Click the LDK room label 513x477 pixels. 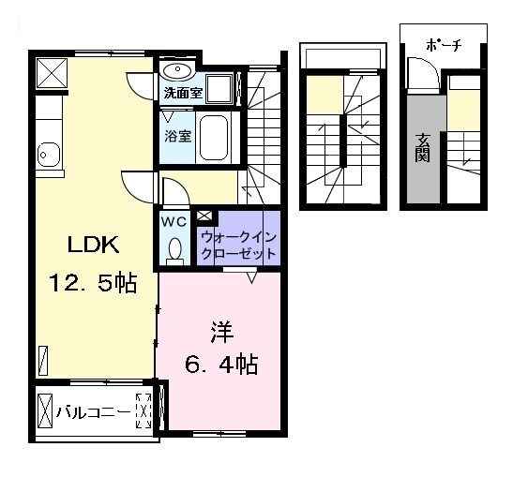92,246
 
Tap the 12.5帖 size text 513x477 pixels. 93,284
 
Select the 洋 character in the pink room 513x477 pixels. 220,332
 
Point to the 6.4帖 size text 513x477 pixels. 220,363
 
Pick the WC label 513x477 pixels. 174,222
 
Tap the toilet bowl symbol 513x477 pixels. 174,249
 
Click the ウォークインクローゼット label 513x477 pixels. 238,246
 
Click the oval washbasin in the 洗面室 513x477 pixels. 177,71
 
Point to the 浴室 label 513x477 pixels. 178,135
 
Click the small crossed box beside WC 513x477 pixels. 204,216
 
